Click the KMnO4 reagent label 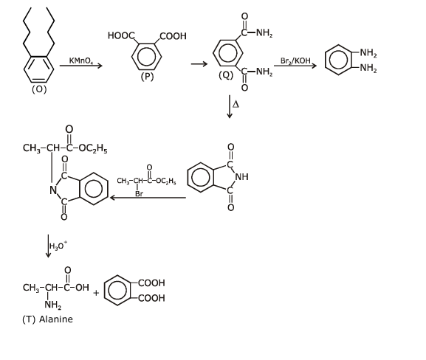[81, 60]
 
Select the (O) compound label [39, 90]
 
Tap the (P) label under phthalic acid [148, 77]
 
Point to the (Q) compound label [227, 75]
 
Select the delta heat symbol [236, 105]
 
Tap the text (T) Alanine [48, 319]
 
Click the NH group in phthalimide [241, 177]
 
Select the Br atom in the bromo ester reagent [139, 193]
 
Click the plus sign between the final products [96, 292]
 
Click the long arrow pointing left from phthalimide [148, 198]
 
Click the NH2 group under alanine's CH [52, 305]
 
